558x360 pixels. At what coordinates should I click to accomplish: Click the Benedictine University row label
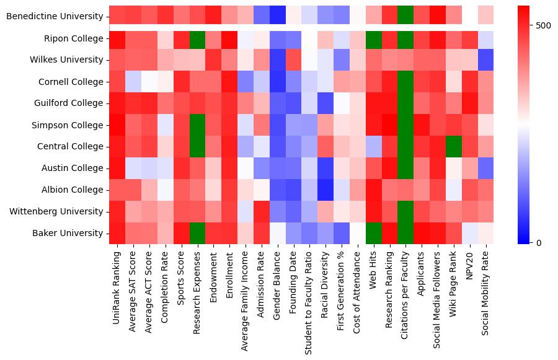pyautogui.click(x=54, y=17)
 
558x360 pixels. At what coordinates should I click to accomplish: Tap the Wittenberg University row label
pyautogui.click(x=56, y=211)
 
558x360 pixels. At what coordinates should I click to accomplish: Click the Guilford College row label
pyautogui.click(x=69, y=103)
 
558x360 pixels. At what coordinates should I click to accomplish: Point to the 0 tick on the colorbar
pyautogui.click(x=537, y=242)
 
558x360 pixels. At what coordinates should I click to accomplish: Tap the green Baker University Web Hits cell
pyautogui.click(x=374, y=233)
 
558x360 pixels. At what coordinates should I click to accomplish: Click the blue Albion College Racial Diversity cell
pyautogui.click(x=325, y=190)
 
